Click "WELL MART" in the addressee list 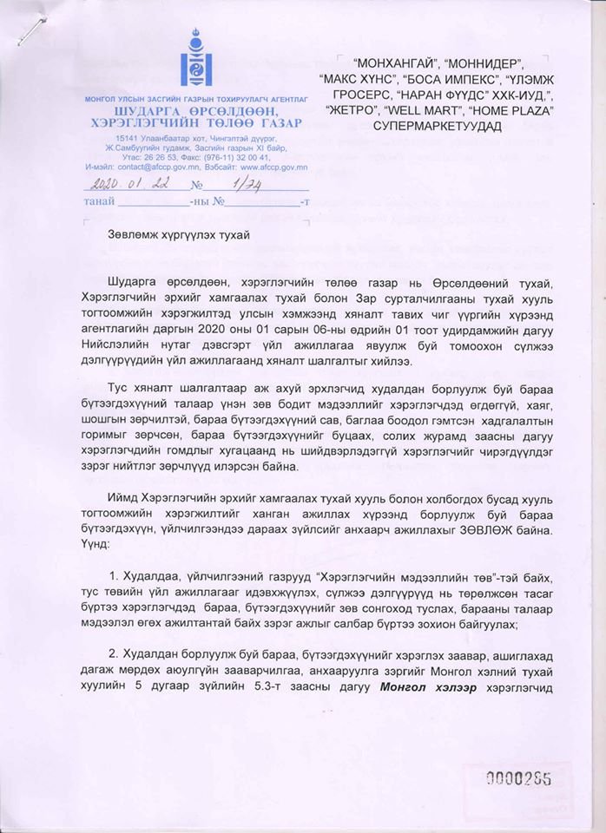[x=433, y=111]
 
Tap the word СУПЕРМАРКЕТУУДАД [x=445, y=128]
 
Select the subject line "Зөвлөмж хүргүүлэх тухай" [x=179, y=235]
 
